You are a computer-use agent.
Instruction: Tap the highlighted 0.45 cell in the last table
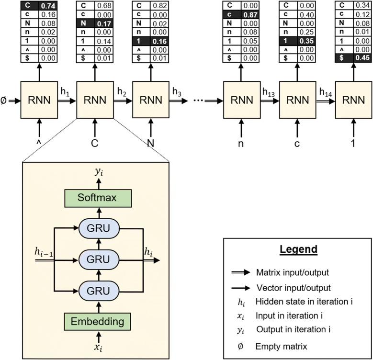[x=363, y=59]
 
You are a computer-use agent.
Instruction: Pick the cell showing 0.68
[x=104, y=5]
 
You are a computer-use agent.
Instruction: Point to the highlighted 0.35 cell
[x=307, y=41]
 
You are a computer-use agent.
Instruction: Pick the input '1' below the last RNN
[x=354, y=142]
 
